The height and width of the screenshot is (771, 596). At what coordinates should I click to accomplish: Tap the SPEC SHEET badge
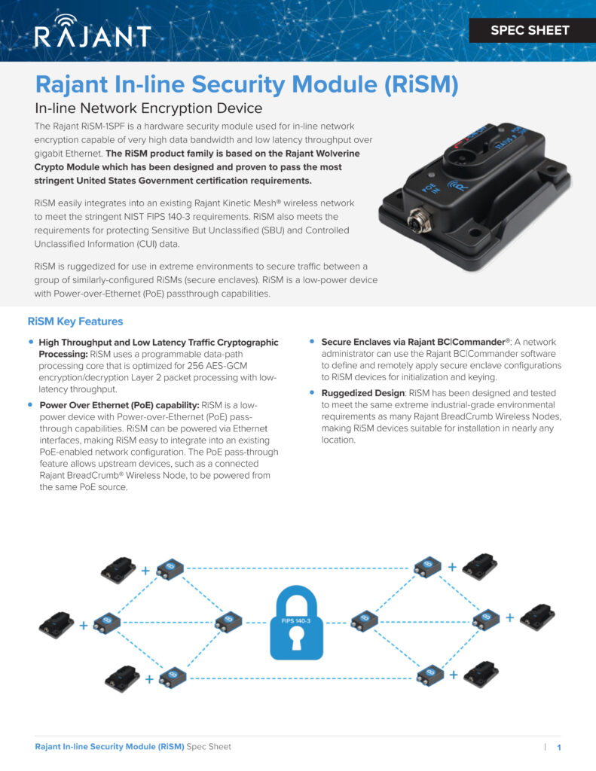pyautogui.click(x=530, y=31)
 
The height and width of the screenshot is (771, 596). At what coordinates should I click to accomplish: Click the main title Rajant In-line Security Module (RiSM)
pyautogui.click(x=247, y=84)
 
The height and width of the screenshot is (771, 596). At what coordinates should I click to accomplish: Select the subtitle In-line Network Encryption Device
pyautogui.click(x=148, y=108)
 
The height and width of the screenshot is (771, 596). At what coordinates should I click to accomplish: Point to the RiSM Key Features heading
pyautogui.click(x=75, y=322)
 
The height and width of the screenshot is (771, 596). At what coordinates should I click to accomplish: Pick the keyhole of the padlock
pyautogui.click(x=297, y=640)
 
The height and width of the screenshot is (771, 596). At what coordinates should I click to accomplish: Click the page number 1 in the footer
pyautogui.click(x=559, y=748)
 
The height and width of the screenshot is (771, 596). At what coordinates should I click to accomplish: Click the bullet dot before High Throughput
pyautogui.click(x=31, y=343)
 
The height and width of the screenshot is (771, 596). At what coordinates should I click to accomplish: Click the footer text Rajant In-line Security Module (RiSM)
pyautogui.click(x=109, y=747)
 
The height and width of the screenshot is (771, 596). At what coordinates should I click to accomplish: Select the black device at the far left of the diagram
pyautogui.click(x=57, y=623)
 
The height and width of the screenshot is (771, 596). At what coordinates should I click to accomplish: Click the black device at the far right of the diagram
pyautogui.click(x=537, y=616)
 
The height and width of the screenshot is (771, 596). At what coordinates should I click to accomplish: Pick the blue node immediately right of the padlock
pyautogui.click(x=365, y=620)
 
